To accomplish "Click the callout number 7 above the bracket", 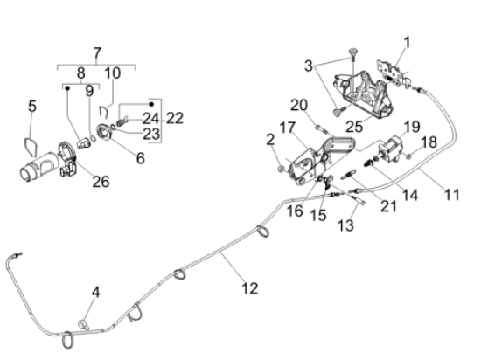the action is click(97, 53).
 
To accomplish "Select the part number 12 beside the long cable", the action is click(250, 288).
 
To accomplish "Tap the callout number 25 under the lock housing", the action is click(354, 126).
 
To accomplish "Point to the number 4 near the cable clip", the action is click(96, 292).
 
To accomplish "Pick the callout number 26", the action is click(101, 182).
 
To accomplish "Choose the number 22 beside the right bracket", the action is click(175, 118).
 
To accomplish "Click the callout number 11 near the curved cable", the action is click(452, 195).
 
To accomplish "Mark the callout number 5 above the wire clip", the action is click(32, 107).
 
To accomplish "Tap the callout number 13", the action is click(345, 225).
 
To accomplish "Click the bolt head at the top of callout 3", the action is click(353, 52).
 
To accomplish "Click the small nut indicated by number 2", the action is click(281, 169).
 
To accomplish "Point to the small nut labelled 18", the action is click(408, 156).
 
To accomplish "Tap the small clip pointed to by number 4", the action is click(83, 324).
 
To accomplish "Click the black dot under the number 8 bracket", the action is click(67, 88).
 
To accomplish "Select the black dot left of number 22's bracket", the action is click(151, 105).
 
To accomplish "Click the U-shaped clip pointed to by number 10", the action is click(104, 112).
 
